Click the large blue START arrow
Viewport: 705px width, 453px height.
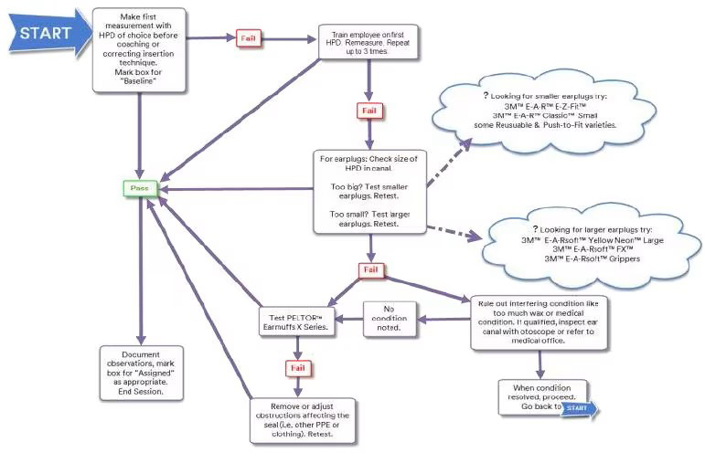(x=42, y=34)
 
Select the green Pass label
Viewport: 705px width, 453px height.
(x=140, y=188)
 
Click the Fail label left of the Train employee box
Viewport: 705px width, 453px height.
(x=248, y=38)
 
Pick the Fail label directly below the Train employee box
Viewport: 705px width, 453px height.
(x=368, y=111)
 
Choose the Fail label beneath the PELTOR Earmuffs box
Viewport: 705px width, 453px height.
(x=294, y=367)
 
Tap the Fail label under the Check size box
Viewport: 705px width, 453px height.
(x=370, y=271)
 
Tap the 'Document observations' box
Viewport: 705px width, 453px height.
(x=140, y=372)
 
